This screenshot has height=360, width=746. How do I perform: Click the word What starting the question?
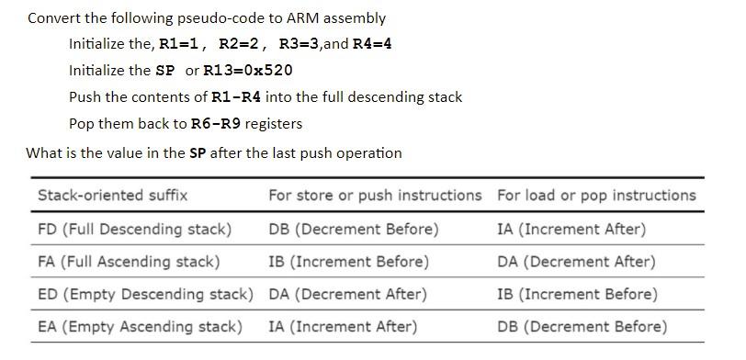tap(44, 153)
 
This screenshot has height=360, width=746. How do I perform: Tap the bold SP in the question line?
tap(198, 153)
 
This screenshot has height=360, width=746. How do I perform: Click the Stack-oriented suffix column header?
tap(112, 196)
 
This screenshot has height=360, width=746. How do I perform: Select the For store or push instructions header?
tap(375, 196)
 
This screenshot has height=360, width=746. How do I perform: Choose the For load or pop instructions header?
tap(596, 196)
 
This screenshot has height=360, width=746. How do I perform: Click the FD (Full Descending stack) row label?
tap(134, 229)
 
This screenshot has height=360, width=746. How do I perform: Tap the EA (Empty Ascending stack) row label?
tap(140, 327)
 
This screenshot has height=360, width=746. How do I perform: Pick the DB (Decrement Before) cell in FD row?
tap(354, 229)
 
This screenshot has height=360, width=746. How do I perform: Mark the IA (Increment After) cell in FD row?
tap(571, 229)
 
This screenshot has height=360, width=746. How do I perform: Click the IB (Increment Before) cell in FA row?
tap(349, 262)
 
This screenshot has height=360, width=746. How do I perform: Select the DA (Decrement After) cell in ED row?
tap(347, 295)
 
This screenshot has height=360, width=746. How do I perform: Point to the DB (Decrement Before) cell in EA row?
tap(582, 327)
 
